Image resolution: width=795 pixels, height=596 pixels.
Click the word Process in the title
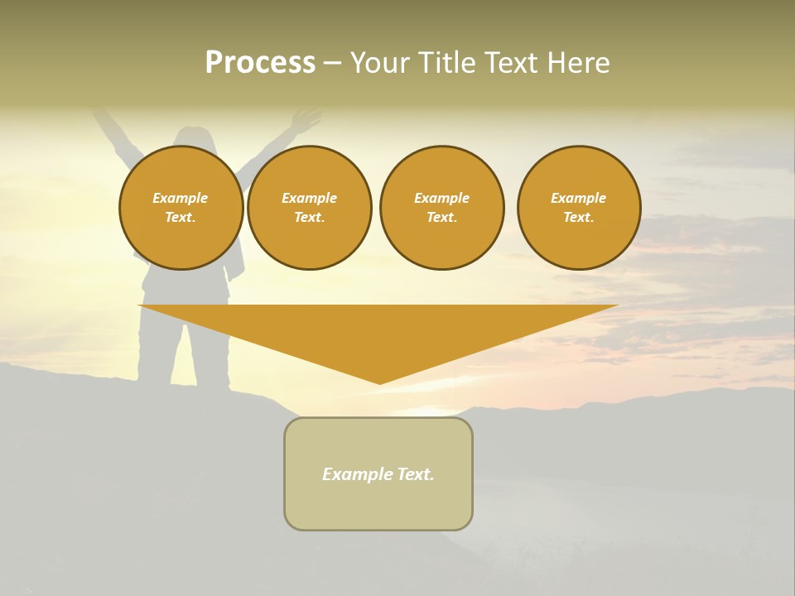[260, 63]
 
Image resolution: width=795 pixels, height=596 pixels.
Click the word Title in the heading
[443, 63]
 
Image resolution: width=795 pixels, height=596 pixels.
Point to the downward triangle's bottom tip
[379, 382]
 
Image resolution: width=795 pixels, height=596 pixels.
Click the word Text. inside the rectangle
[415, 474]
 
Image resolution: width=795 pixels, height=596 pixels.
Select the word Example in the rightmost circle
[578, 198]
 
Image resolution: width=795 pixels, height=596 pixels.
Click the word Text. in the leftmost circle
[181, 218]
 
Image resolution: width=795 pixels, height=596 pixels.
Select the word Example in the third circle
[441, 198]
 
